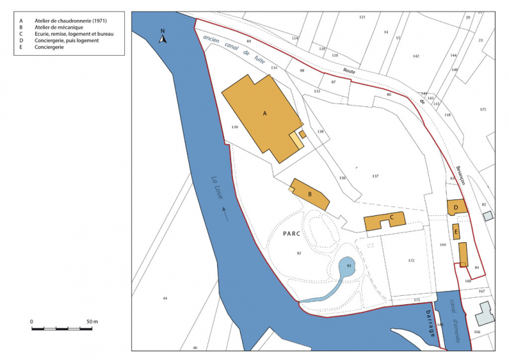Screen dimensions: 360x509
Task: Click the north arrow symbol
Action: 163,36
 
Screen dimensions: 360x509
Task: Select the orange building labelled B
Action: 310,195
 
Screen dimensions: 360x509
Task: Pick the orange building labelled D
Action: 457,206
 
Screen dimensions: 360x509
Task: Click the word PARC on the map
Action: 295,233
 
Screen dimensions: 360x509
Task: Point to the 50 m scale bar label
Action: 92,322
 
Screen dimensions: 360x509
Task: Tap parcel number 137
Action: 375,177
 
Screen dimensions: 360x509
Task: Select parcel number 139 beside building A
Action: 235,128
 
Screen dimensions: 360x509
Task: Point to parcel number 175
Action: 483,110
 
